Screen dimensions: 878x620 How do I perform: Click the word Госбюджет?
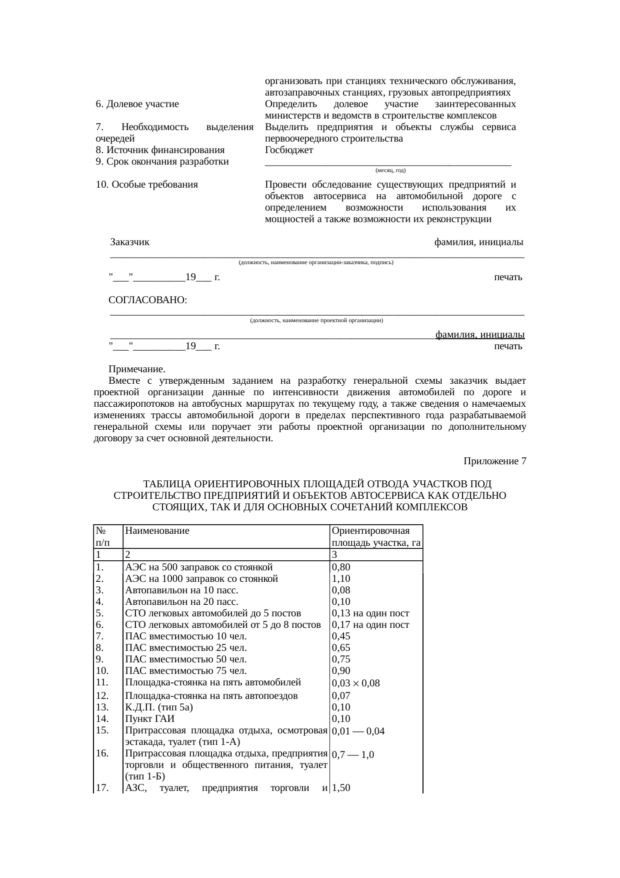pyautogui.click(x=289, y=150)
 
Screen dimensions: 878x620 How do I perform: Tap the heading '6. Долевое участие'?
pyautogui.click(x=137, y=105)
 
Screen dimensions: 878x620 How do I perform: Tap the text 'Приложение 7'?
pyautogui.click(x=494, y=461)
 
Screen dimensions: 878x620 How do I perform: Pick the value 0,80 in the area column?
pyautogui.click(x=341, y=567)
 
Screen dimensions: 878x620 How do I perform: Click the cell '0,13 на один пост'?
pyautogui.click(x=370, y=613)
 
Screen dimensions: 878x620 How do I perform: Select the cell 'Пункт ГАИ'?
pyautogui.click(x=149, y=719)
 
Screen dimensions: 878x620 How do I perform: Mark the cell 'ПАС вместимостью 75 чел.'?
pyautogui.click(x=186, y=671)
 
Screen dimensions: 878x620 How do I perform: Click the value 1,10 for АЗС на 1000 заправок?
pyautogui.click(x=341, y=579)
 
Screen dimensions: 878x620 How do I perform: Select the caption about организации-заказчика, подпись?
pyautogui.click(x=316, y=262)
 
